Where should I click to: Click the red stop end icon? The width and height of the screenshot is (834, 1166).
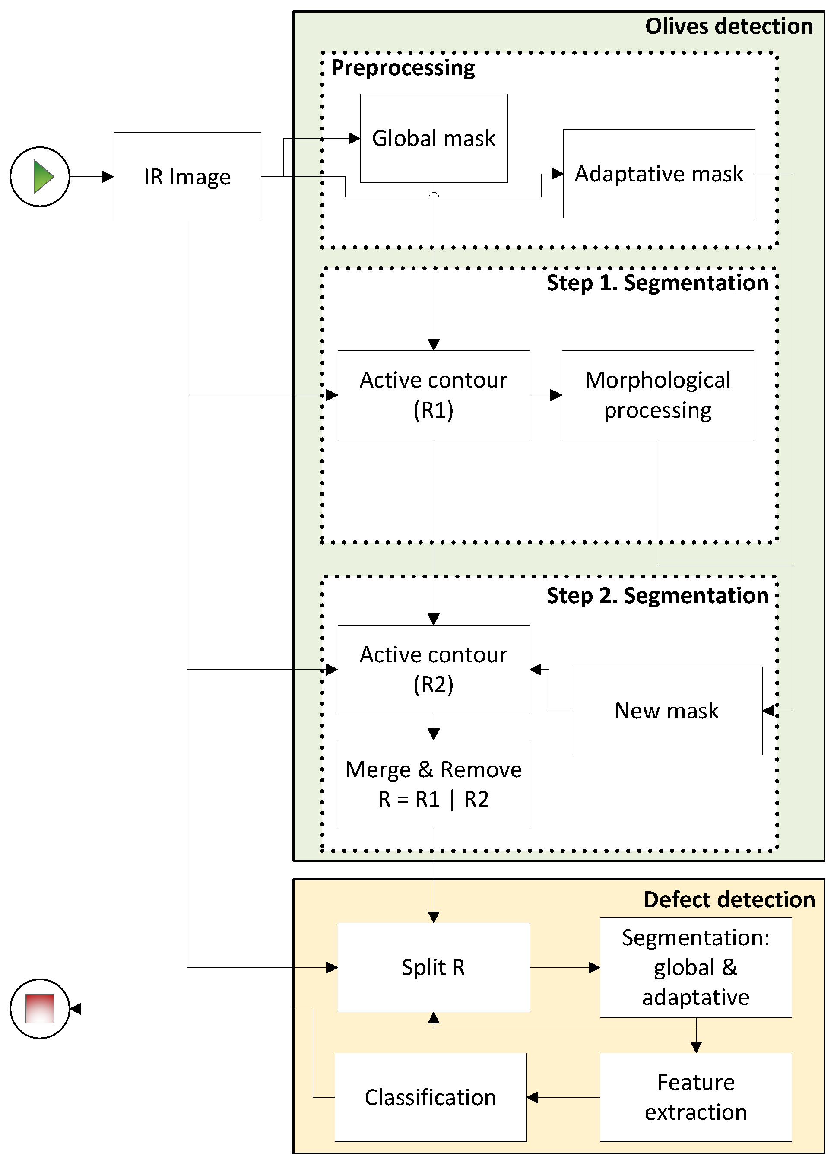pos(40,1008)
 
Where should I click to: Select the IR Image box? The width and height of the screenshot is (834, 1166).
pos(187,177)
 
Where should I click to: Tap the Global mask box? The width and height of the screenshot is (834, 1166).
pos(434,138)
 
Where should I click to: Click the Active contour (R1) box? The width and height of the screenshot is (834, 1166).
pos(434,394)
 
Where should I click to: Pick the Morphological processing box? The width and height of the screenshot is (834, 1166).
pos(657,394)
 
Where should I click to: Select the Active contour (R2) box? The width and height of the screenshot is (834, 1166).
pos(434,669)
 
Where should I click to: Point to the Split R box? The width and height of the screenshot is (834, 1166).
pos(434,967)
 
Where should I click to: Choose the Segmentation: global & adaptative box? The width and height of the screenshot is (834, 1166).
pos(695,967)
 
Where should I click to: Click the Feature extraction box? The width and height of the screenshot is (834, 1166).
pos(695,1097)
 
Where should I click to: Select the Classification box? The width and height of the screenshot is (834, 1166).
pos(430,1097)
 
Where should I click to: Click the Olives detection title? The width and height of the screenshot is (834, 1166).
pos(729,26)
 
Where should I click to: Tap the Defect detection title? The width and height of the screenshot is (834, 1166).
pos(729,900)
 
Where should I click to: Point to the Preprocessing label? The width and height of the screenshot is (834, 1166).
pos(403,68)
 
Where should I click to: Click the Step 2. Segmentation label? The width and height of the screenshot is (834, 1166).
pos(657,596)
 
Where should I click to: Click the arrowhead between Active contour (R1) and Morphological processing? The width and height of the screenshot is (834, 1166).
pos(556,395)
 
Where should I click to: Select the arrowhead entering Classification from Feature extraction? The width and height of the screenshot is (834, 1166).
pos(533,1097)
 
